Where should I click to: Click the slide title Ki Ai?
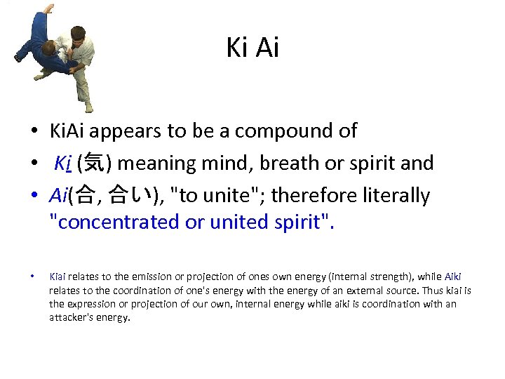(252, 48)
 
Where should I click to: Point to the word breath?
(295, 164)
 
